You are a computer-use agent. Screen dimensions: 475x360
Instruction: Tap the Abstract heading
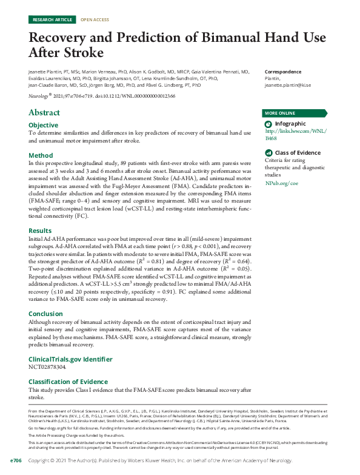click(x=44, y=113)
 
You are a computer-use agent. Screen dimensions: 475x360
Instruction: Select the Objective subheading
click(x=44, y=125)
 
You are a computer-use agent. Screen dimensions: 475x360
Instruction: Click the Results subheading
click(x=41, y=231)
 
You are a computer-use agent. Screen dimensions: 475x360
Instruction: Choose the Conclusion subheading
click(x=46, y=314)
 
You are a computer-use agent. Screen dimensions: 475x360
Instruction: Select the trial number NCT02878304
click(x=48, y=368)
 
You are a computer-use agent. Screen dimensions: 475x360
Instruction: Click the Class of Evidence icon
click(x=269, y=153)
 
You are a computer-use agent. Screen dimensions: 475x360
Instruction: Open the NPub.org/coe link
click(x=282, y=183)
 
